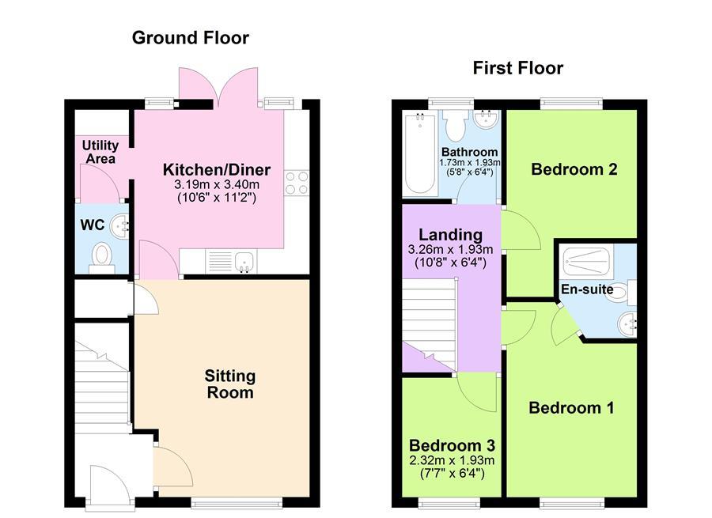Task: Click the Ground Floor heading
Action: pyautogui.click(x=190, y=37)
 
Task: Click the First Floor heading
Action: pyautogui.click(x=517, y=68)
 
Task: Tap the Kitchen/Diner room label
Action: pyautogui.click(x=216, y=169)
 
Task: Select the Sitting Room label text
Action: pyautogui.click(x=229, y=384)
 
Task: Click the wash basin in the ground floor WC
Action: pyautogui.click(x=119, y=226)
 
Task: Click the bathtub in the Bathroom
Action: pyautogui.click(x=418, y=154)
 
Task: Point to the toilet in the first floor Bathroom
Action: pyautogui.click(x=456, y=126)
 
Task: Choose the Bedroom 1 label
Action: pyautogui.click(x=571, y=408)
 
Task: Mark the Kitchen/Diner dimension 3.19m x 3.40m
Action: pyautogui.click(x=216, y=184)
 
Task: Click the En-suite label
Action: pyautogui.click(x=587, y=289)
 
